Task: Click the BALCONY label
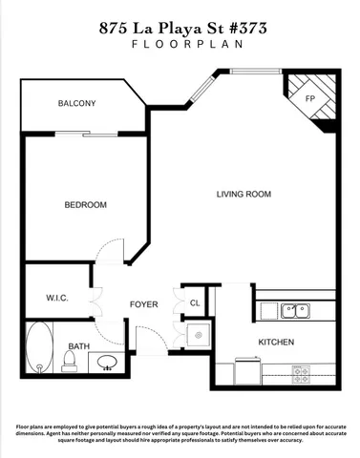click(76, 103)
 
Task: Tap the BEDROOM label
click(85, 205)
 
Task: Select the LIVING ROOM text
click(244, 195)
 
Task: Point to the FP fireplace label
click(309, 99)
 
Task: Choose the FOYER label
click(143, 304)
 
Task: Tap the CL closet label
click(194, 303)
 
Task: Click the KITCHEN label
click(275, 342)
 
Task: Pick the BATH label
click(78, 346)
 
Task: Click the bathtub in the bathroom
click(39, 350)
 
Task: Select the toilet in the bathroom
click(69, 361)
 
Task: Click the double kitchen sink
click(294, 310)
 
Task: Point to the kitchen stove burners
click(303, 372)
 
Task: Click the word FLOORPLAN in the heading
click(180, 45)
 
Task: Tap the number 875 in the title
click(115, 29)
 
